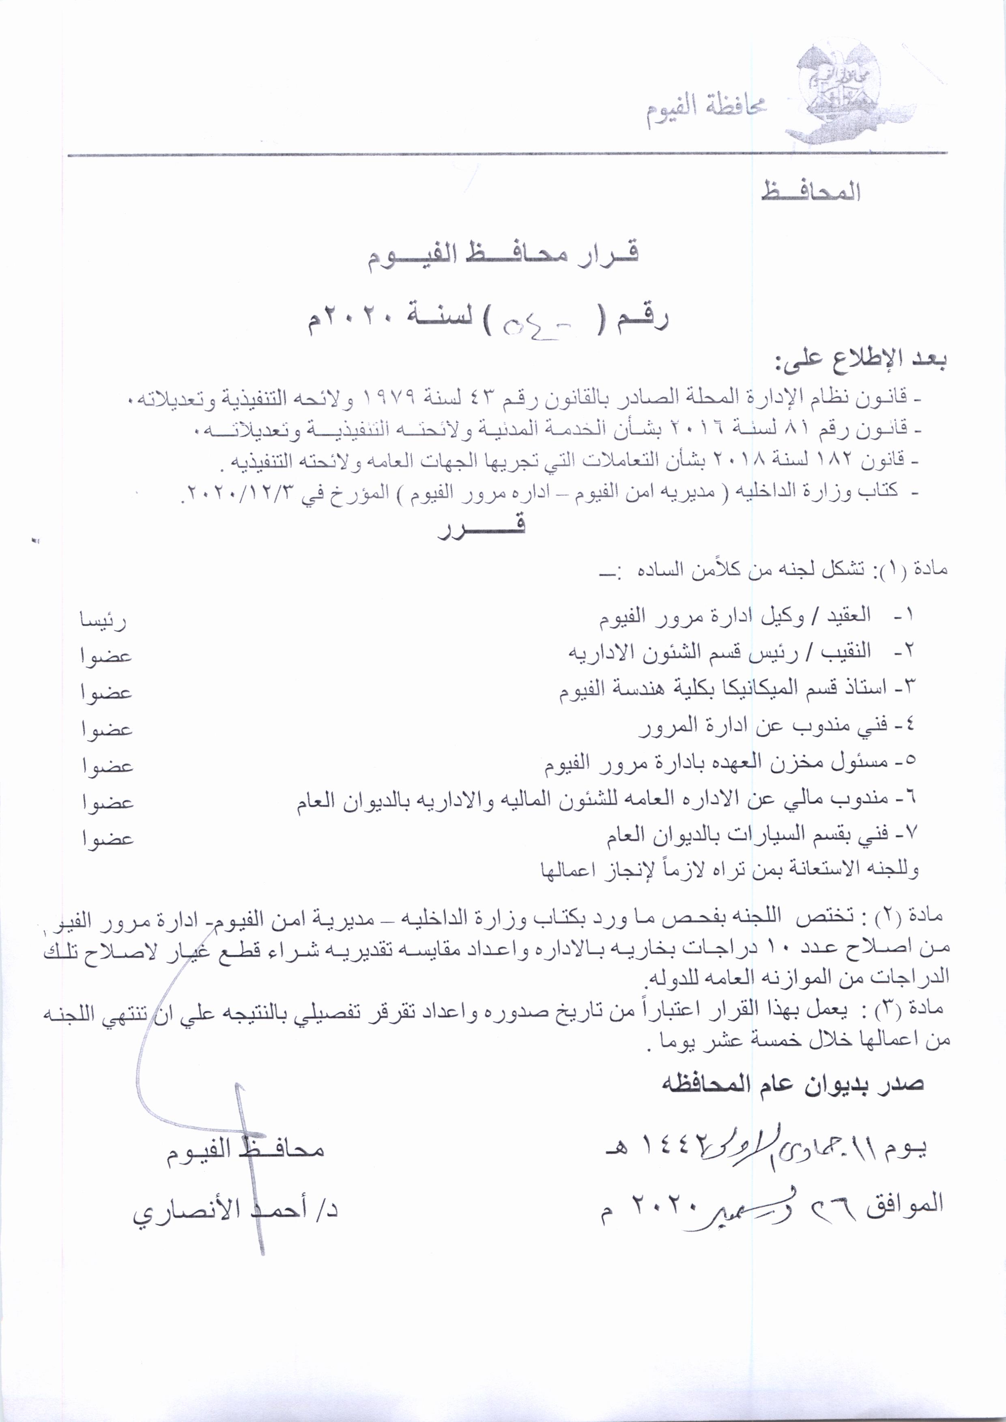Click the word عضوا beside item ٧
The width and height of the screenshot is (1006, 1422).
pyautogui.click(x=107, y=839)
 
